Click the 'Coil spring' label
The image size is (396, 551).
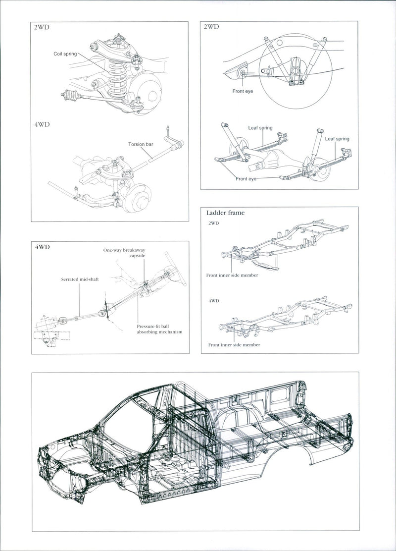pyautogui.click(x=65, y=54)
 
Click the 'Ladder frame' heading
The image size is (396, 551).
pyautogui.click(x=225, y=213)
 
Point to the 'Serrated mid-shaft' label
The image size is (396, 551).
pyautogui.click(x=80, y=279)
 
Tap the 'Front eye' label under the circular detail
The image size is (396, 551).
pyautogui.click(x=243, y=91)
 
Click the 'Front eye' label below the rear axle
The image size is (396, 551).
pyautogui.click(x=246, y=178)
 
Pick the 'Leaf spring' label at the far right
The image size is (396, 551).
pyautogui.click(x=337, y=139)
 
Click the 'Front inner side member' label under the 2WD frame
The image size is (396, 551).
pyautogui.click(x=233, y=275)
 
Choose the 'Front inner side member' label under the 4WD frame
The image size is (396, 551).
pyautogui.click(x=234, y=344)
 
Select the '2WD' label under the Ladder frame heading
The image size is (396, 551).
pyautogui.click(x=213, y=223)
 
